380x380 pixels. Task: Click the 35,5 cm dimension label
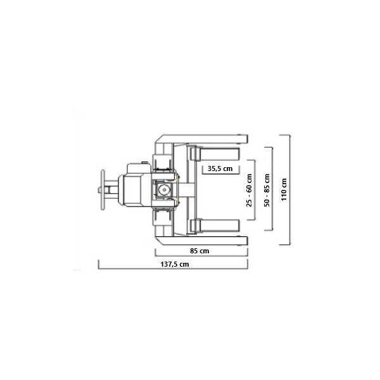tap(220, 168)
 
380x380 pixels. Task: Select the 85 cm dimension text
tap(199, 251)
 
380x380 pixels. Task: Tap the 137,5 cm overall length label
tap(175, 264)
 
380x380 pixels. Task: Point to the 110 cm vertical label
tap(284, 189)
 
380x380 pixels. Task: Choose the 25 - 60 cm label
tap(249, 190)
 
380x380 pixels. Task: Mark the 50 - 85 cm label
tap(267, 190)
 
